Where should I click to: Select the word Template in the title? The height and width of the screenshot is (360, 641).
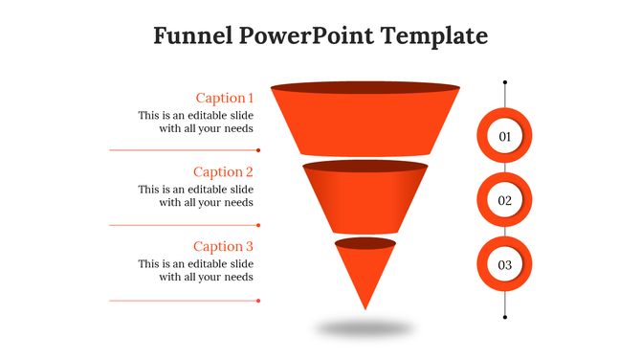pos(433,36)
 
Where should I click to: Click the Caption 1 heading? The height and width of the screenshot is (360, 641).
pos(224,98)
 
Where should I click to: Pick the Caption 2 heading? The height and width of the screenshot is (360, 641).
pos(223,172)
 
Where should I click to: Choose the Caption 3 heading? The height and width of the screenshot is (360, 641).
pos(223,247)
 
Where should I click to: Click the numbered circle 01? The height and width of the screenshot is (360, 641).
pos(504,137)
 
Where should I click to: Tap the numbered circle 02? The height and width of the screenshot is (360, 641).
pos(504,201)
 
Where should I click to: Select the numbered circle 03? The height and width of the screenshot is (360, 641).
pos(504,264)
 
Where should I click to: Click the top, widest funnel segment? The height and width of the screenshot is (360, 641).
pos(365,124)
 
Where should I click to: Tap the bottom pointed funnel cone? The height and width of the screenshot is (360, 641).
pos(365,273)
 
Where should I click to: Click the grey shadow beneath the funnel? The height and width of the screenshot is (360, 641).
pos(365,328)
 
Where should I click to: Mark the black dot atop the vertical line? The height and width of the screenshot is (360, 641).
pos(504,82)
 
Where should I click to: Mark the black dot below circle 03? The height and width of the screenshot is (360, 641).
pos(504,316)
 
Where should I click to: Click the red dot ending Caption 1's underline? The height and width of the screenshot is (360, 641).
pos(258,150)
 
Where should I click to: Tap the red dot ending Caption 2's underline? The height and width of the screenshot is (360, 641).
pos(258,225)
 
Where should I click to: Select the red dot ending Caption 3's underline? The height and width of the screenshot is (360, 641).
pos(258,301)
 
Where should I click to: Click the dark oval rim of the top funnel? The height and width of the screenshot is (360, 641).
pos(365,88)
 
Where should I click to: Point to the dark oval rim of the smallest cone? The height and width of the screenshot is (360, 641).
pos(365,243)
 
